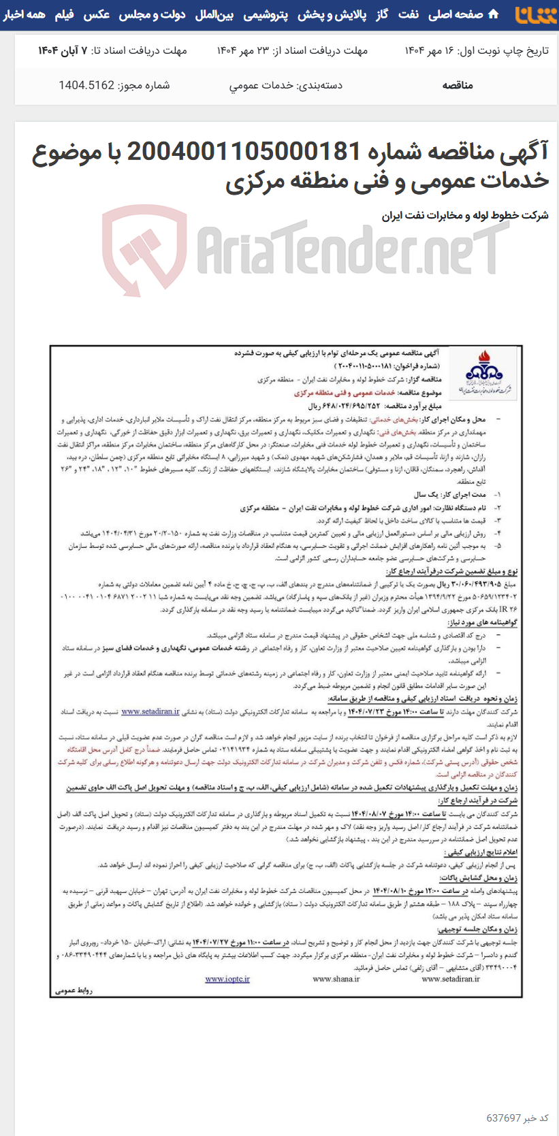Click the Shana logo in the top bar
(535, 14)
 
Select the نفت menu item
(409, 14)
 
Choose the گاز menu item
(382, 14)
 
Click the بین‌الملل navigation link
(214, 14)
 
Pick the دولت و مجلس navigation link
(152, 14)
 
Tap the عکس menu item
(96, 14)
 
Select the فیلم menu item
(64, 14)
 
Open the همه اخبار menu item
(24, 14)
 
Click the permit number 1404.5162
(86, 85)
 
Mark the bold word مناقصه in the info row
(457, 85)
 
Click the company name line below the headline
(465, 215)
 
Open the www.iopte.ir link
(227, 979)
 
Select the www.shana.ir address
(336, 979)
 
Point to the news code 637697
(503, 1118)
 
